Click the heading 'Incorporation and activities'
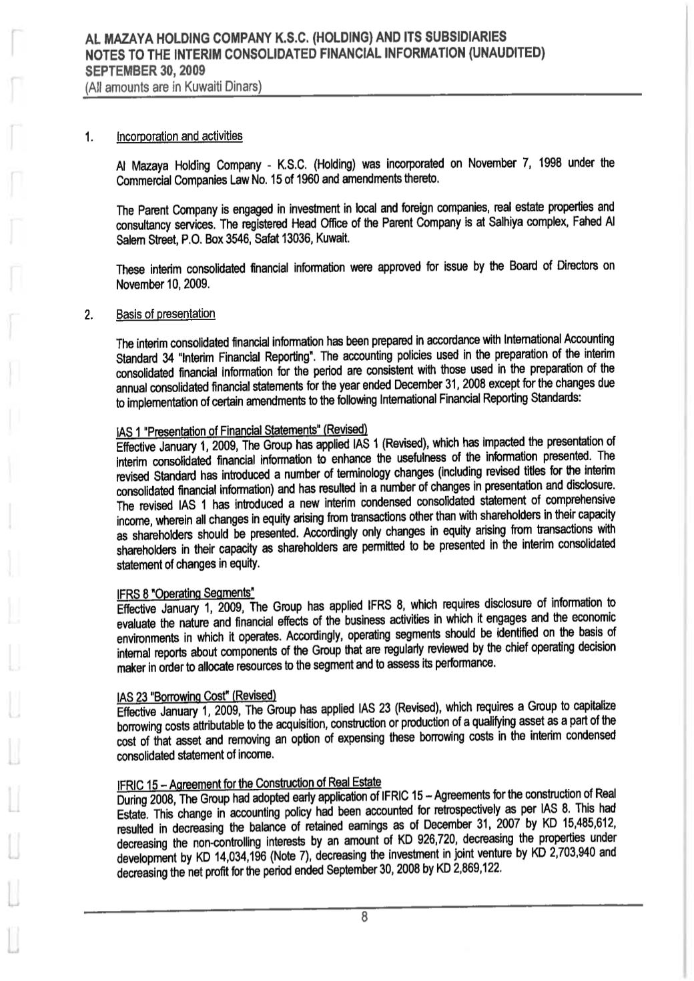click(179, 137)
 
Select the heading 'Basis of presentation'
click(165, 313)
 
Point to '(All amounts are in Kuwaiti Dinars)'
click(172, 87)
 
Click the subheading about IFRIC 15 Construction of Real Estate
click(248, 782)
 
